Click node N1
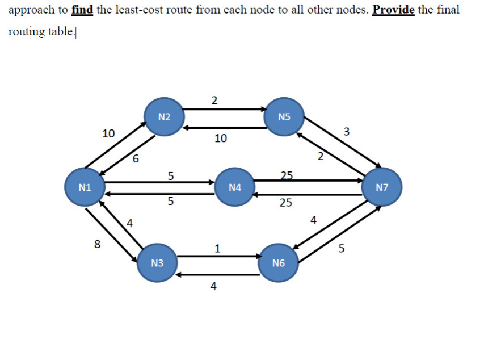point(85,187)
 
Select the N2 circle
point(164,118)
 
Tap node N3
point(158,263)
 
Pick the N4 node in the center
point(234,187)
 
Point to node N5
point(285,118)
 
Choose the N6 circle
point(278,263)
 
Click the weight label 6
point(135,160)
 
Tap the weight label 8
point(98,245)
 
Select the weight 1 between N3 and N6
point(218,248)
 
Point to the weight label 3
point(347,132)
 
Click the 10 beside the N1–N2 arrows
point(108,134)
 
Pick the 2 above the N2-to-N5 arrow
point(213,101)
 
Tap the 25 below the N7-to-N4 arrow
point(286,203)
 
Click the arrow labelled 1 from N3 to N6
point(218,256)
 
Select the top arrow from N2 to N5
point(224,108)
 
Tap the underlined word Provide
point(393,10)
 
